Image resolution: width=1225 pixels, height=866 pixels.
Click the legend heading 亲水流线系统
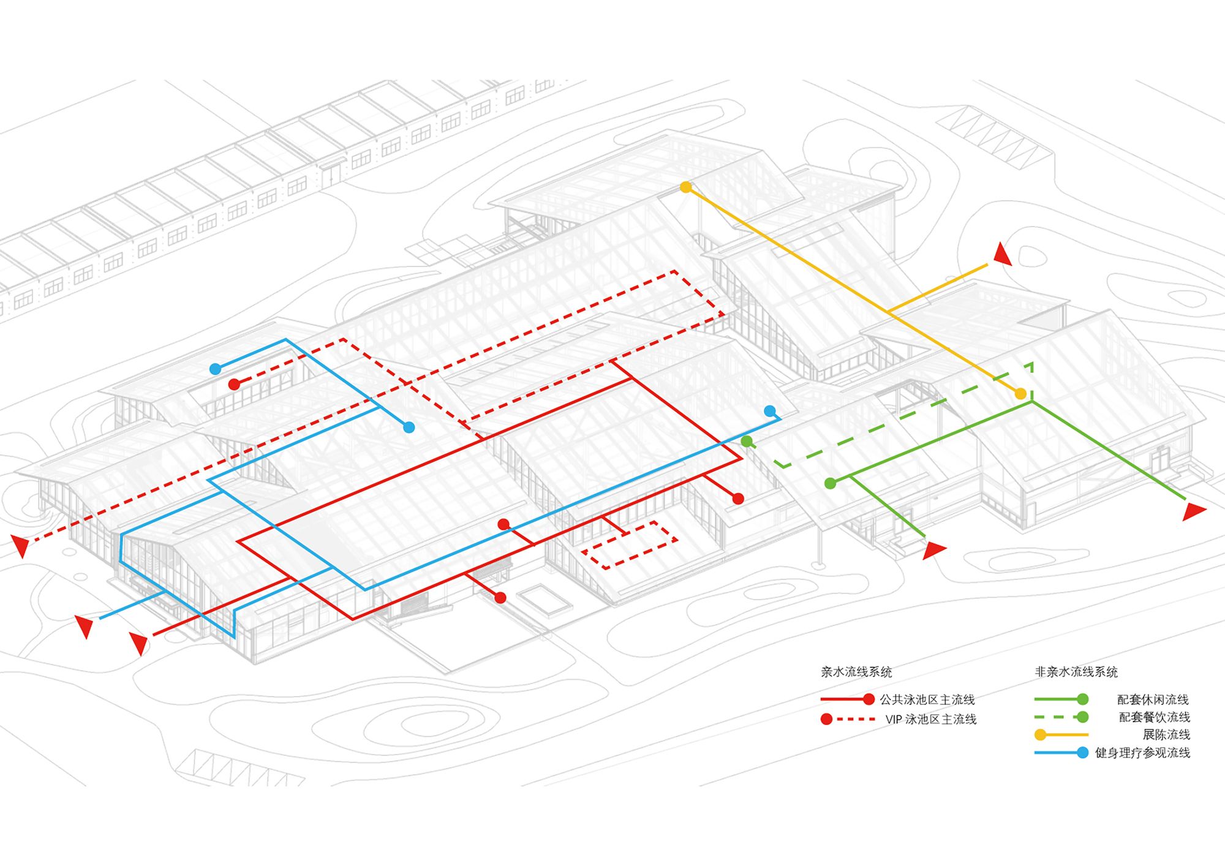pos(856,672)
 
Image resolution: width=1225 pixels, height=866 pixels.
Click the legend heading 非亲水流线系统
pos(1076,672)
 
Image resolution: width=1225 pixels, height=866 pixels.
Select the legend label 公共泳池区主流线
pos(927,699)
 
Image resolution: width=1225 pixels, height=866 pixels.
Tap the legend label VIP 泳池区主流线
pos(930,720)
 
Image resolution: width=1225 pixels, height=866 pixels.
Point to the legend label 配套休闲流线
pos(1153,699)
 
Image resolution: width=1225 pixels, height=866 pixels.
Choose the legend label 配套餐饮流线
pos(1155,717)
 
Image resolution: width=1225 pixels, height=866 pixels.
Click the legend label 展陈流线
pos(1166,735)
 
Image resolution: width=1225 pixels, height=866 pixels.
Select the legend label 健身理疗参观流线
pos(1142,753)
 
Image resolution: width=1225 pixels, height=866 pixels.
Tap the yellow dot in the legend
pos(1040,735)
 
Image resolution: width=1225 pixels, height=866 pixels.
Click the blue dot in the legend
pos(1082,753)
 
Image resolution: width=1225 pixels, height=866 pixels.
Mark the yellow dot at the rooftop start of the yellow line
pos(686,187)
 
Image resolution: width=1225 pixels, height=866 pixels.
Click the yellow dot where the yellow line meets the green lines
pos(1020,394)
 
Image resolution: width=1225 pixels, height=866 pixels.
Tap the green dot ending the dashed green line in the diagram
pos(746,441)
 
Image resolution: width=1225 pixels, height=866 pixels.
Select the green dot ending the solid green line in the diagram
pos(831,483)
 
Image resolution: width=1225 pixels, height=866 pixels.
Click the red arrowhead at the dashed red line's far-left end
pos(20,544)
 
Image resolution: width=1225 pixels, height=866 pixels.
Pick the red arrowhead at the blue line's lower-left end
pos(85,626)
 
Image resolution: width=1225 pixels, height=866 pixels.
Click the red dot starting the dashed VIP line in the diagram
pos(234,385)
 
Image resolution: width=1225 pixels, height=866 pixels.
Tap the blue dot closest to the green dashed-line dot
pos(770,411)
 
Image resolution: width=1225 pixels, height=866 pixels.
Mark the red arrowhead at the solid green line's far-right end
pos(1193,510)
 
